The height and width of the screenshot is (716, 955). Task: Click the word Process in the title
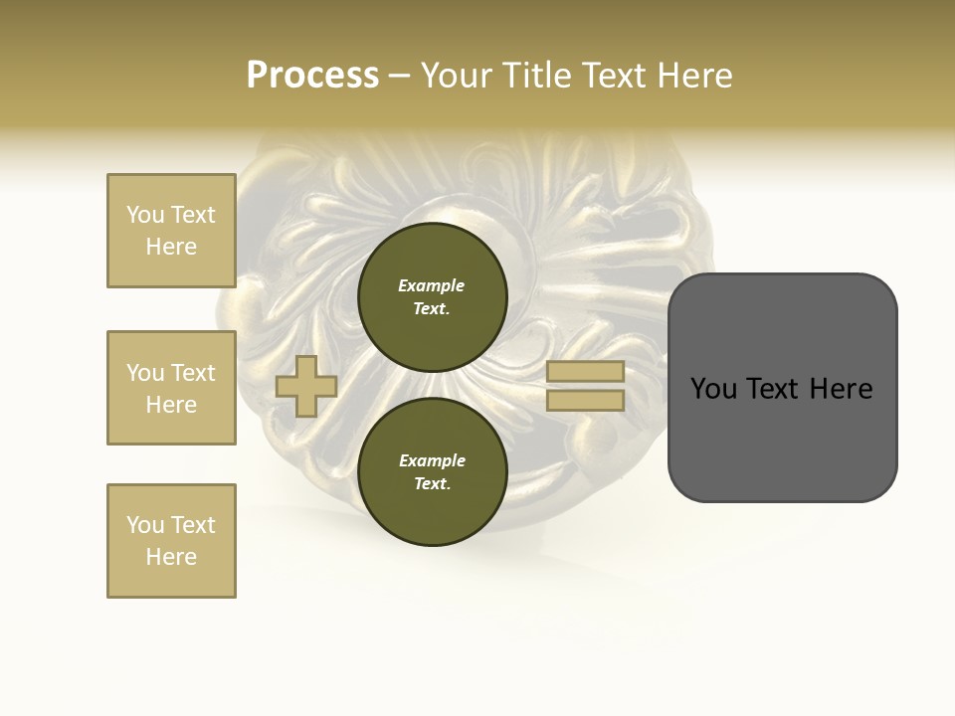tap(312, 76)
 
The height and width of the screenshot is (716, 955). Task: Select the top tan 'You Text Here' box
tap(171, 231)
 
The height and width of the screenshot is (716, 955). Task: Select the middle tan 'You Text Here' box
tap(171, 388)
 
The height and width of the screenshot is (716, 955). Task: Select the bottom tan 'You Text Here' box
tap(171, 541)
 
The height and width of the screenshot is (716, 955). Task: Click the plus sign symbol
tap(306, 386)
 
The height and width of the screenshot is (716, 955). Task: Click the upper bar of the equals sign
tap(585, 371)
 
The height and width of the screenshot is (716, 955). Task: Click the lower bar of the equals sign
tap(585, 401)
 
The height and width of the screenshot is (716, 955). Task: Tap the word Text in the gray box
tap(773, 389)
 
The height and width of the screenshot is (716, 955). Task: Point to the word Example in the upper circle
tap(431, 285)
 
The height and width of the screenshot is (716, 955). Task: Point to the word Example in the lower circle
tap(432, 460)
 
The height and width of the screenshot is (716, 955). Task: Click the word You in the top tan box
tap(144, 215)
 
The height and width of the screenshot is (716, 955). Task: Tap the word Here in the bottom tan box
tap(171, 557)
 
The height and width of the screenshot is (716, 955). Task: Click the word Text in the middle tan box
tap(193, 373)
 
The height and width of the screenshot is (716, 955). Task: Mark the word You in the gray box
tap(713, 389)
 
